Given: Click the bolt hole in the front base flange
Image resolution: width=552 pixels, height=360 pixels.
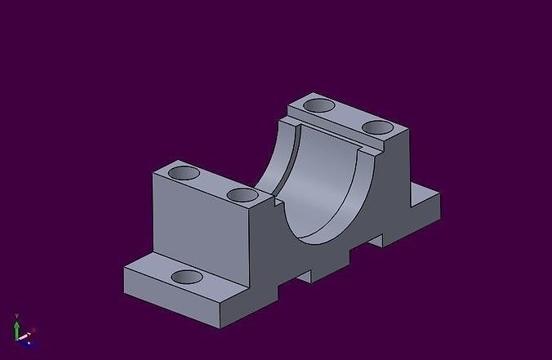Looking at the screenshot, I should pyautogui.click(x=187, y=276).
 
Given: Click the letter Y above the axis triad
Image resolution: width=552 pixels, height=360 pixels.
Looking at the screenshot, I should pyautogui.click(x=16, y=315).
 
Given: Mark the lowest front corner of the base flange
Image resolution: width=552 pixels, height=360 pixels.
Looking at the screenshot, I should pyautogui.click(x=222, y=323).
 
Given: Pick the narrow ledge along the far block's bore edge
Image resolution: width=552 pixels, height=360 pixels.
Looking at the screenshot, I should pyautogui.click(x=327, y=132).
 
